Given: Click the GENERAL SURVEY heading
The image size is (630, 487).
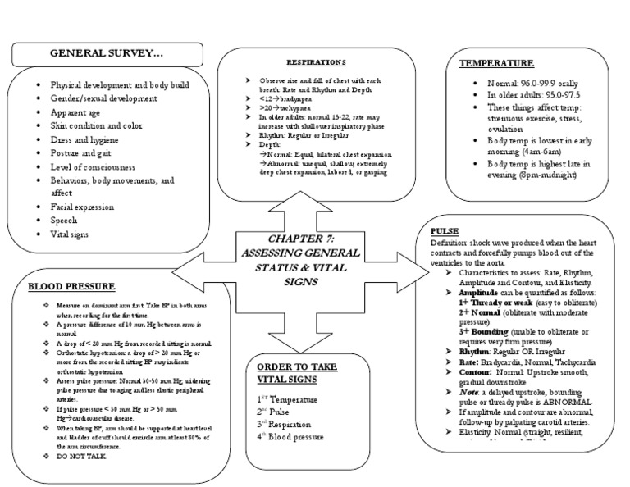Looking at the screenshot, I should [107, 53].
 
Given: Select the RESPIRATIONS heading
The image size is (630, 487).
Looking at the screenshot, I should [315, 62].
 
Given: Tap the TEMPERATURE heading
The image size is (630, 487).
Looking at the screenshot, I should [496, 63].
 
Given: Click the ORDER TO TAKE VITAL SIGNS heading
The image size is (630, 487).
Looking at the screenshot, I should [295, 372].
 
